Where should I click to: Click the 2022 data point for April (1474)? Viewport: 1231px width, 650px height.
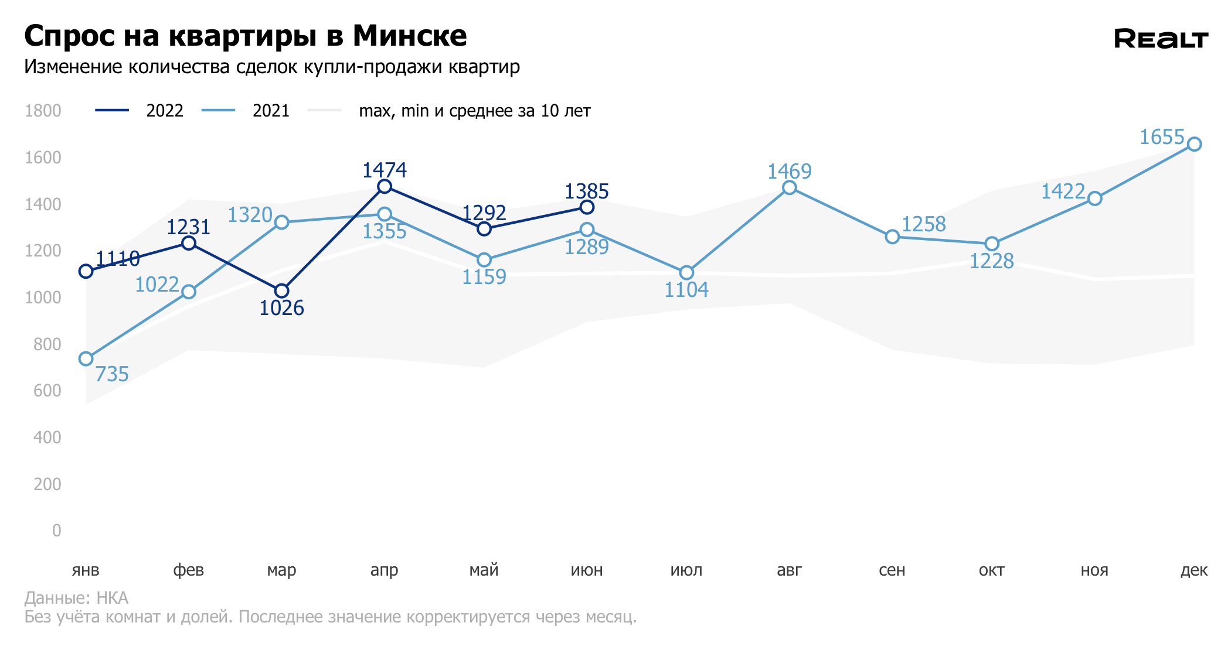pos(385,187)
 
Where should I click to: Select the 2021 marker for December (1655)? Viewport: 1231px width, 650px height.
pos(1194,144)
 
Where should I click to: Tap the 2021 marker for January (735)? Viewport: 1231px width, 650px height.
pos(86,358)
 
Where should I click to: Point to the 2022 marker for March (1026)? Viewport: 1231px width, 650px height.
pos(281,291)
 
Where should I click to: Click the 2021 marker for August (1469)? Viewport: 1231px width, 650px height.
pos(790,187)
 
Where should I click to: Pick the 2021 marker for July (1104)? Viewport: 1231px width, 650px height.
pos(686,273)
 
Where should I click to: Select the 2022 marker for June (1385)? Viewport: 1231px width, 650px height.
pos(587,207)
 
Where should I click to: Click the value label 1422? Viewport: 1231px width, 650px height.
pos(1063,191)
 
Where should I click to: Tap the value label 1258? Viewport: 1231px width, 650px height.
pos(923,224)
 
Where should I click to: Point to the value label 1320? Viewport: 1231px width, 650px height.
pos(250,215)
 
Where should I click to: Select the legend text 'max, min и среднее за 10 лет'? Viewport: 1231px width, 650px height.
pos(474,111)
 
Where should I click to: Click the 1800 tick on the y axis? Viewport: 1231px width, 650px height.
pos(43,111)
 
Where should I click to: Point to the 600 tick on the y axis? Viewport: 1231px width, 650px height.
pos(47,391)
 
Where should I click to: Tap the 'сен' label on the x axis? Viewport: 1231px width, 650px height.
pos(892,570)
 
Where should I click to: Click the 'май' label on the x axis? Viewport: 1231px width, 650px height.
pos(484,570)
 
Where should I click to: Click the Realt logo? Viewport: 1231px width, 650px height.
pos(1161,39)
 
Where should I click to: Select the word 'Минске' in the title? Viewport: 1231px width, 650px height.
pos(410,36)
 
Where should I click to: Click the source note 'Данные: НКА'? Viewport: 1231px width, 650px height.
pos(76,598)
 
